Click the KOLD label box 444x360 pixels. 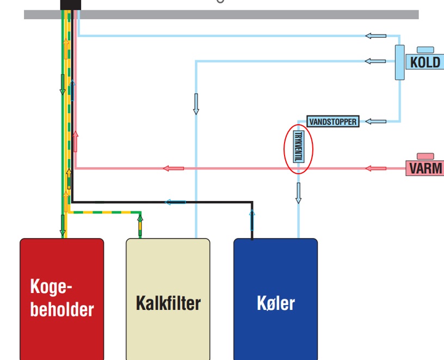425,62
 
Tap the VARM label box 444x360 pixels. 425,168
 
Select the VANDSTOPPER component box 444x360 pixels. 333,121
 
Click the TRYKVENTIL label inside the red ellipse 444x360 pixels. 299,147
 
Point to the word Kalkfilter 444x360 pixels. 168,303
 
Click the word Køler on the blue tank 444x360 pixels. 276,303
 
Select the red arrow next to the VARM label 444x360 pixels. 376,168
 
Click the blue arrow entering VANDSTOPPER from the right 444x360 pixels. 376,121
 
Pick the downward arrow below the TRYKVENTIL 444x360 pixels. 298,193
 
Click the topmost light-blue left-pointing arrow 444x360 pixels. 376,36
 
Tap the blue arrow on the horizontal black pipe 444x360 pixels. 175,202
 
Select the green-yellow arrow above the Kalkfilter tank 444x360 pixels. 140,226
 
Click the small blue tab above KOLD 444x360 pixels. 425,50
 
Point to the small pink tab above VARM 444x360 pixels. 425,156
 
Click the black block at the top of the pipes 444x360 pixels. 71,5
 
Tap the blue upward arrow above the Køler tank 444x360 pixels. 252,220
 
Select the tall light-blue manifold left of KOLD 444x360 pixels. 400,63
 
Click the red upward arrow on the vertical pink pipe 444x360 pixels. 75,142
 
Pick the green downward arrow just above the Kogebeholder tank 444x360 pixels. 63,225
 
